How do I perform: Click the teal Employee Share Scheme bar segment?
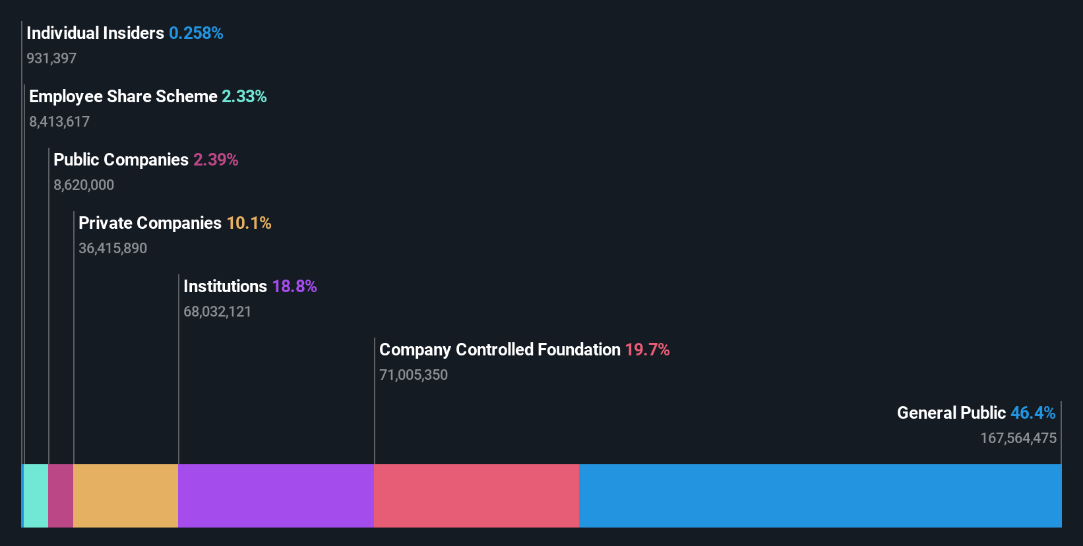point(36,495)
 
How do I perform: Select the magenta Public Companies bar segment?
point(61,495)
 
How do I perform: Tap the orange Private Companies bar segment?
point(125,495)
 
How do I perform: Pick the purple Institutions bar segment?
point(276,495)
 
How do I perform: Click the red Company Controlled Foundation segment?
point(476,495)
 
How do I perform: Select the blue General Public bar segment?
point(820,495)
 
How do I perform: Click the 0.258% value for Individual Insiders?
point(196,33)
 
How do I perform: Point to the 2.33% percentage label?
point(244,96)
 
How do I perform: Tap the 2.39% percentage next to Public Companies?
point(216,160)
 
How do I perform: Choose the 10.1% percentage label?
point(249,223)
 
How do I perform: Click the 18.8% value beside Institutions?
point(294,286)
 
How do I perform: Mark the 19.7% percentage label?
point(647,349)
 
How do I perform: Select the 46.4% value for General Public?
point(1033,413)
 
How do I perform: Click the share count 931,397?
point(51,58)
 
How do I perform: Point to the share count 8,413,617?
point(59,121)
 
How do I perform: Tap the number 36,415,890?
point(113,248)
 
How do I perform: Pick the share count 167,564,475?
point(1018,438)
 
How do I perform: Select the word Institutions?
point(225,286)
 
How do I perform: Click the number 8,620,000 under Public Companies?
point(84,185)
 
